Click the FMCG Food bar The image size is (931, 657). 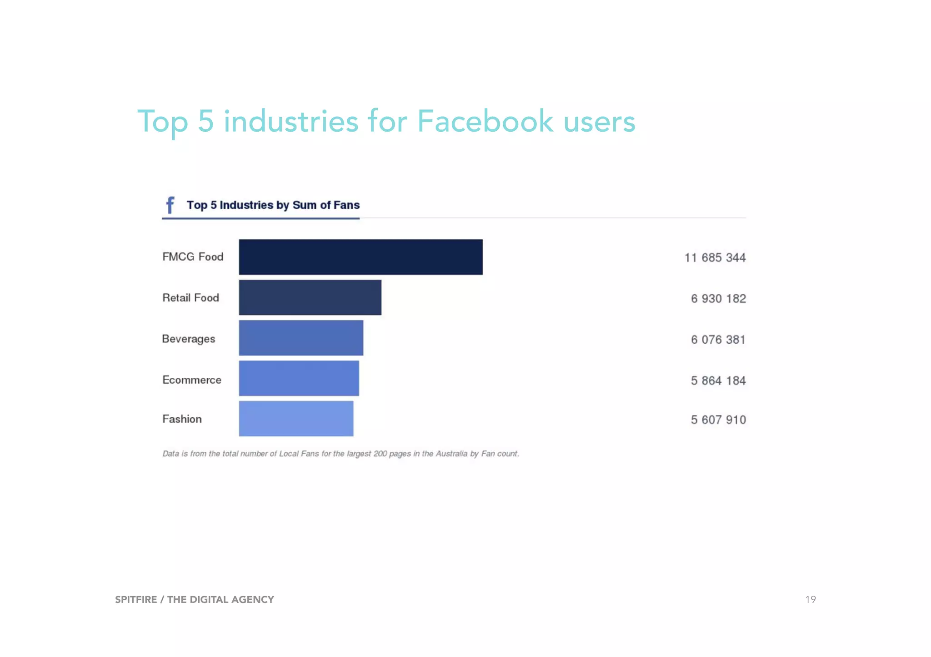360,257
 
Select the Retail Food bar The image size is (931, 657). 310,297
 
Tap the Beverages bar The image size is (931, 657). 301,338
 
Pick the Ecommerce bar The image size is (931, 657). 299,378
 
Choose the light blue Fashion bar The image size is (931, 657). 296,419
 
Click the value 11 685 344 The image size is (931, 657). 715,258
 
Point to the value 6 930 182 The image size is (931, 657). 718,299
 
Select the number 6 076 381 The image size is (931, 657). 718,340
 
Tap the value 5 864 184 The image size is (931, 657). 718,380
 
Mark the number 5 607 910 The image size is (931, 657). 718,420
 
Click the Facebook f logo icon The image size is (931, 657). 170,205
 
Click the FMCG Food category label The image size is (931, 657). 193,257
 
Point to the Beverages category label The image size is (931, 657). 188,339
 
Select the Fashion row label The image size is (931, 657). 182,419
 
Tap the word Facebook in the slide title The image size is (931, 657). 485,122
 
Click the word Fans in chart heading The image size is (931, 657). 346,205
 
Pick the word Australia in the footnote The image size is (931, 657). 451,454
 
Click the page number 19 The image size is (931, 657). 810,599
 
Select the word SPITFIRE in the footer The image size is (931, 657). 136,599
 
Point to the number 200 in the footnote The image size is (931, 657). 380,454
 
